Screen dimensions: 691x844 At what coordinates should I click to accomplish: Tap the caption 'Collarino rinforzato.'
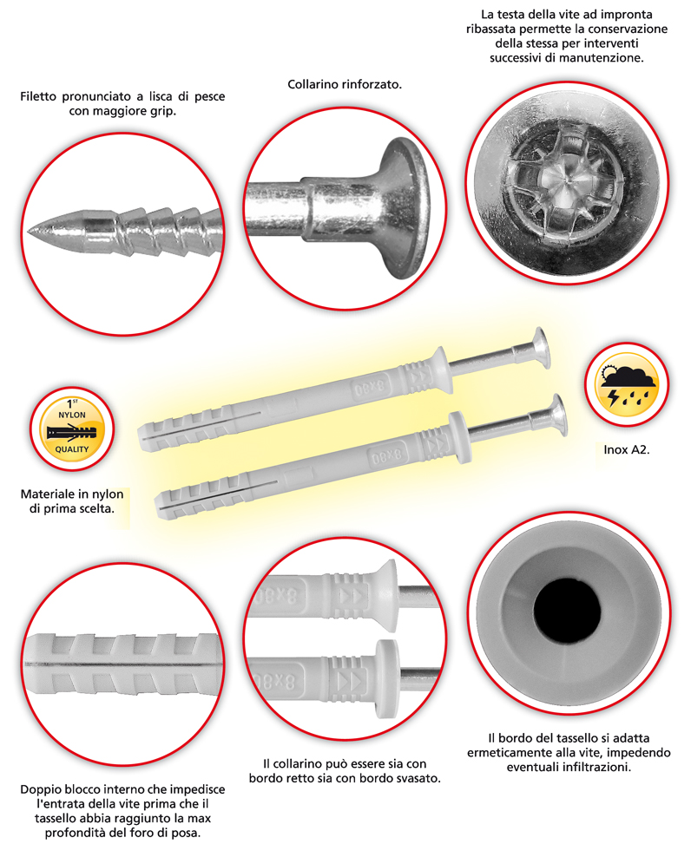click(x=345, y=84)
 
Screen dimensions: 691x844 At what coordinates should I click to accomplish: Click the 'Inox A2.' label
click(x=627, y=450)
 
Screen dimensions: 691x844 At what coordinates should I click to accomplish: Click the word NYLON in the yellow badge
click(x=72, y=415)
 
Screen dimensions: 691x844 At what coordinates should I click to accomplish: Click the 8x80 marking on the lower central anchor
click(x=386, y=456)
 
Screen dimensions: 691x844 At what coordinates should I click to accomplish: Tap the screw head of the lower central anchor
click(x=555, y=415)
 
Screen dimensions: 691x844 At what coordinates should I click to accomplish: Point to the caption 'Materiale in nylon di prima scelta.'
click(x=72, y=501)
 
